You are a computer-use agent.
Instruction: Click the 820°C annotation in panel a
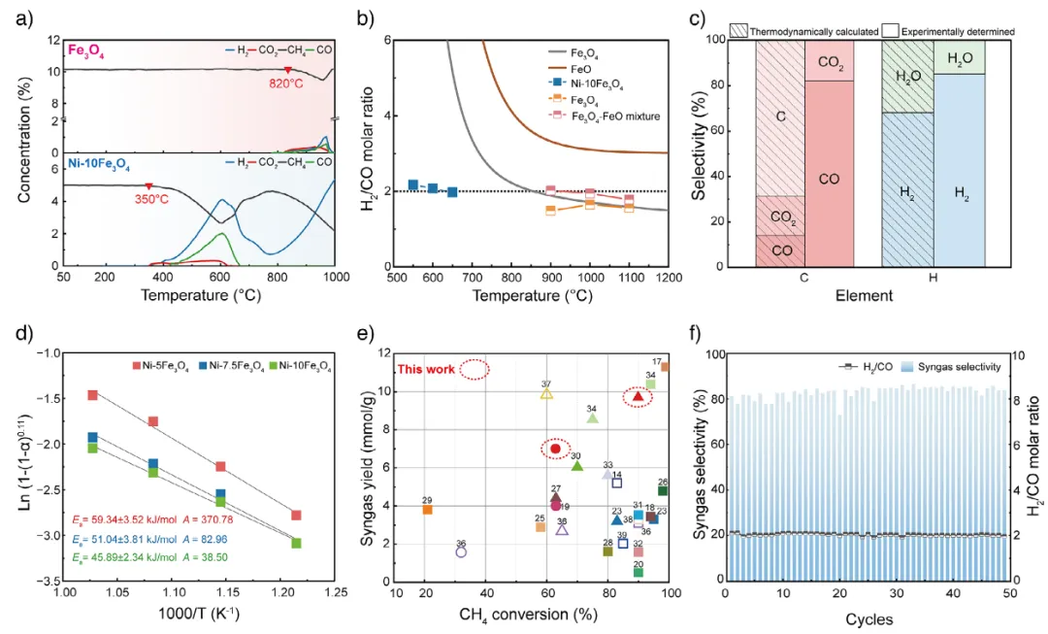(289, 84)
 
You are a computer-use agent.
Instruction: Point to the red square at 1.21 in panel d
(296, 515)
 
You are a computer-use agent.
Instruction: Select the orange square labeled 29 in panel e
(427, 509)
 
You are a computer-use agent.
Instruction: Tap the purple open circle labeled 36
(462, 551)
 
